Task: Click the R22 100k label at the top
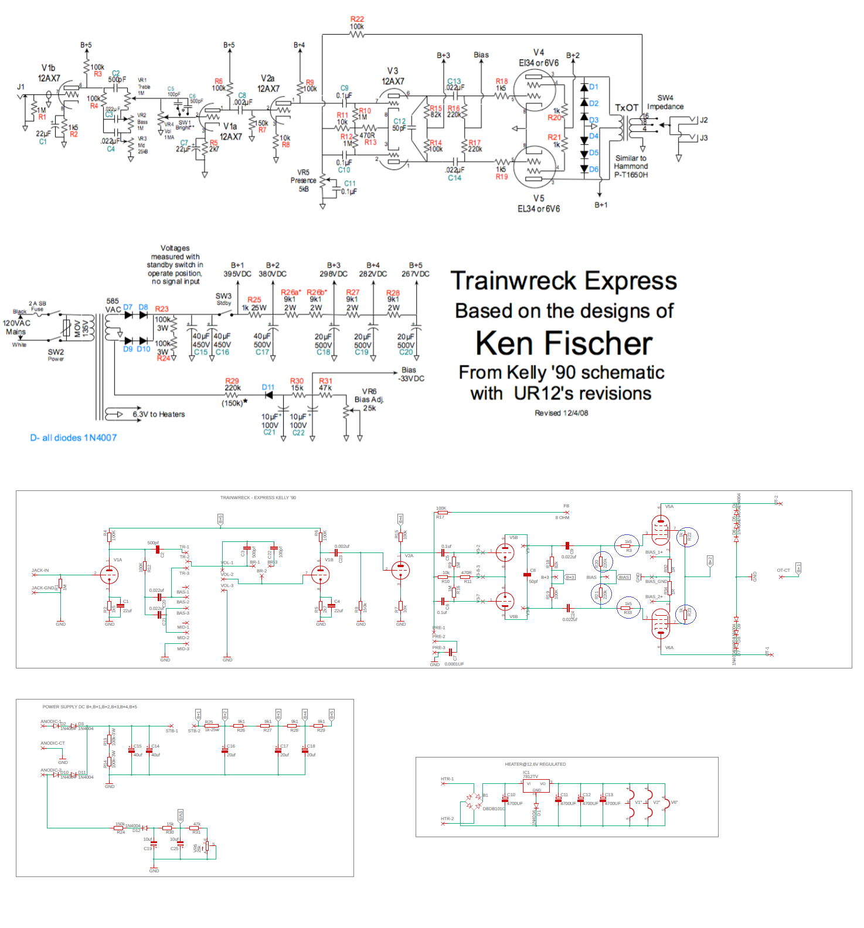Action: coord(357,23)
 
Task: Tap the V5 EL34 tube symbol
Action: coord(534,166)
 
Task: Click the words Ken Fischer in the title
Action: coord(564,343)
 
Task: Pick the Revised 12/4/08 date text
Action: coord(561,413)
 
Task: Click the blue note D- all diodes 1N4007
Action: coord(73,438)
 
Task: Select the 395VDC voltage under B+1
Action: coord(237,274)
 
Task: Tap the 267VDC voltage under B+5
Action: coord(416,274)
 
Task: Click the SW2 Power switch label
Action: coord(56,354)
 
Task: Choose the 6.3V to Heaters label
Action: coord(158,414)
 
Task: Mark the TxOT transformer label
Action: coord(626,108)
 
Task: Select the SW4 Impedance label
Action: coord(665,103)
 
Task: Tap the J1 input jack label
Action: coord(21,87)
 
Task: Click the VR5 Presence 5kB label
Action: coord(303,180)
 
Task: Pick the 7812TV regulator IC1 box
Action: coord(536,786)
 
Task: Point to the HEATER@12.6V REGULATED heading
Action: coord(535,764)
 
